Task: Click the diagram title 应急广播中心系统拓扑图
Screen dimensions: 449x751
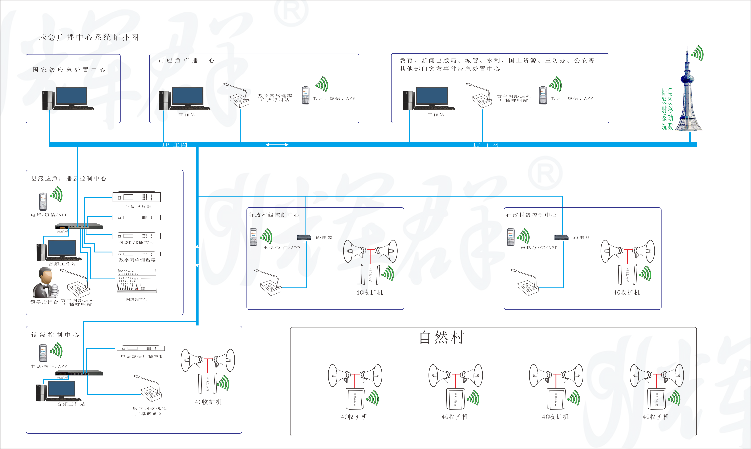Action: click(89, 37)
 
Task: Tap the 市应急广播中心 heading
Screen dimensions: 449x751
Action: click(186, 61)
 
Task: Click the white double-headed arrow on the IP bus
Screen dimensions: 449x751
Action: click(277, 145)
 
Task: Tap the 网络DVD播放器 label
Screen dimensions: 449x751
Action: click(137, 242)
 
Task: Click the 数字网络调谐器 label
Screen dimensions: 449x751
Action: click(137, 260)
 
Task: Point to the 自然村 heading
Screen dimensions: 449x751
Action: click(442, 337)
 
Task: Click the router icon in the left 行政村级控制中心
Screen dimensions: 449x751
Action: click(304, 237)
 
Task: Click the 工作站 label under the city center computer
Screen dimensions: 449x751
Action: click(187, 115)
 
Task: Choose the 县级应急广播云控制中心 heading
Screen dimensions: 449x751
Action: click(69, 178)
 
